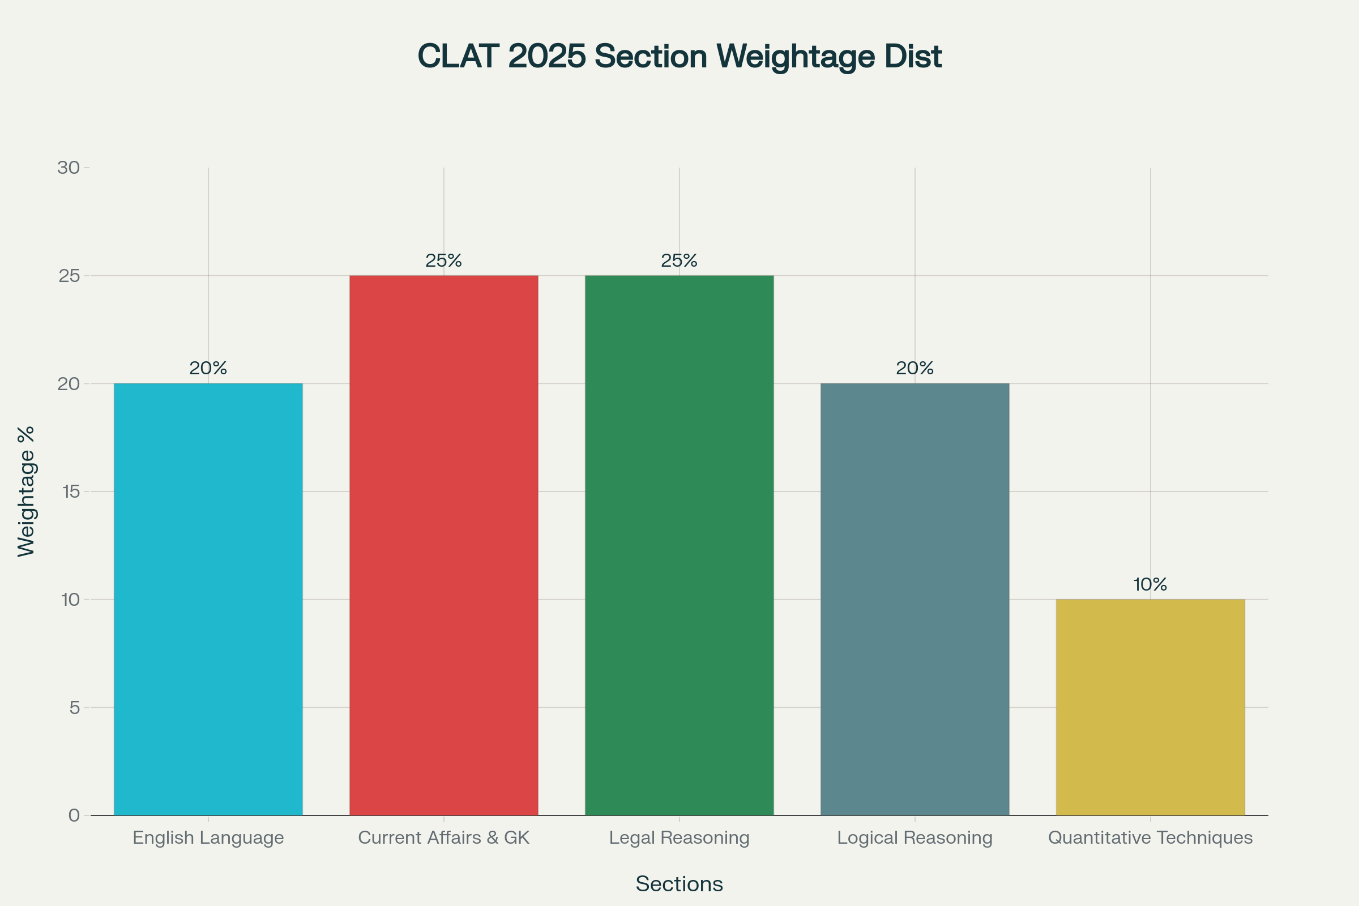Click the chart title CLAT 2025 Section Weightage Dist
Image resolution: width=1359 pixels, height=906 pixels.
[x=679, y=56]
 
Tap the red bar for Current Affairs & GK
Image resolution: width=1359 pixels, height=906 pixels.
[x=444, y=545]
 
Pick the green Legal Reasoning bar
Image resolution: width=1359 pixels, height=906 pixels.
[x=679, y=545]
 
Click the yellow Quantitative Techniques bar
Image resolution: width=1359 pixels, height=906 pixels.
[x=1150, y=707]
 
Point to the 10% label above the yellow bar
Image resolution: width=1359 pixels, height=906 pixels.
[x=1150, y=585]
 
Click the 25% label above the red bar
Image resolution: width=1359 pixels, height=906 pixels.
[x=444, y=260]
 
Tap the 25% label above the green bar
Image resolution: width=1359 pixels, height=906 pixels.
[x=679, y=260]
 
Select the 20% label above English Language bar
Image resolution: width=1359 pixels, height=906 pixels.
[x=208, y=368]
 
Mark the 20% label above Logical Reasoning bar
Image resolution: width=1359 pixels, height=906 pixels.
[x=914, y=368]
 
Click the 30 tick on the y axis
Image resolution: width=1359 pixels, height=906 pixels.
[x=69, y=168]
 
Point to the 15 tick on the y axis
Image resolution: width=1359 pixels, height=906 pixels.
[x=70, y=492]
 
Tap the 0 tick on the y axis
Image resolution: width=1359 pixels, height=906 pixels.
[x=74, y=815]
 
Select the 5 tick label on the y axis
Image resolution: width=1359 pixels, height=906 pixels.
[x=75, y=707]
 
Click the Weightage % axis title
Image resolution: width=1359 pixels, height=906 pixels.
[x=26, y=492]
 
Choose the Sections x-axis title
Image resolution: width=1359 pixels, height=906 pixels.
[x=679, y=884]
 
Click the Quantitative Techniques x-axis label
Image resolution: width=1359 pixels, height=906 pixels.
[x=1150, y=838]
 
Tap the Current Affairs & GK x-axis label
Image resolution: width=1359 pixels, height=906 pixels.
[x=444, y=838]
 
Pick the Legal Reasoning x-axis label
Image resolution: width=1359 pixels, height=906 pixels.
[x=679, y=838]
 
